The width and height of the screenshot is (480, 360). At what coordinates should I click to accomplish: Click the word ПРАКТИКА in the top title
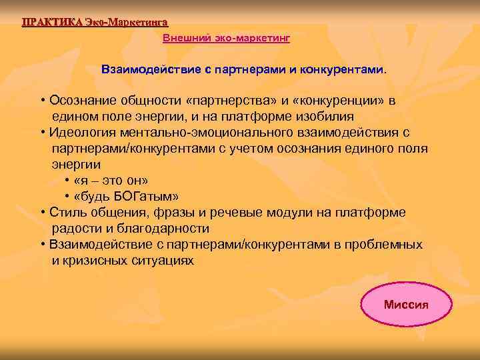pos(52,21)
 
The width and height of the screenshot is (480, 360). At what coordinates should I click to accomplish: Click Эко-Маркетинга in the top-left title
pos(126,21)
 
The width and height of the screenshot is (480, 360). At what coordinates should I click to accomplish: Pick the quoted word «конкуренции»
pos(345,101)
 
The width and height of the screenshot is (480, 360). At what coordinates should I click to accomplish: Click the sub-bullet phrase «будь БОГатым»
pos(127,197)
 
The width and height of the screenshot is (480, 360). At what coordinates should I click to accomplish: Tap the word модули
pos(288,213)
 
